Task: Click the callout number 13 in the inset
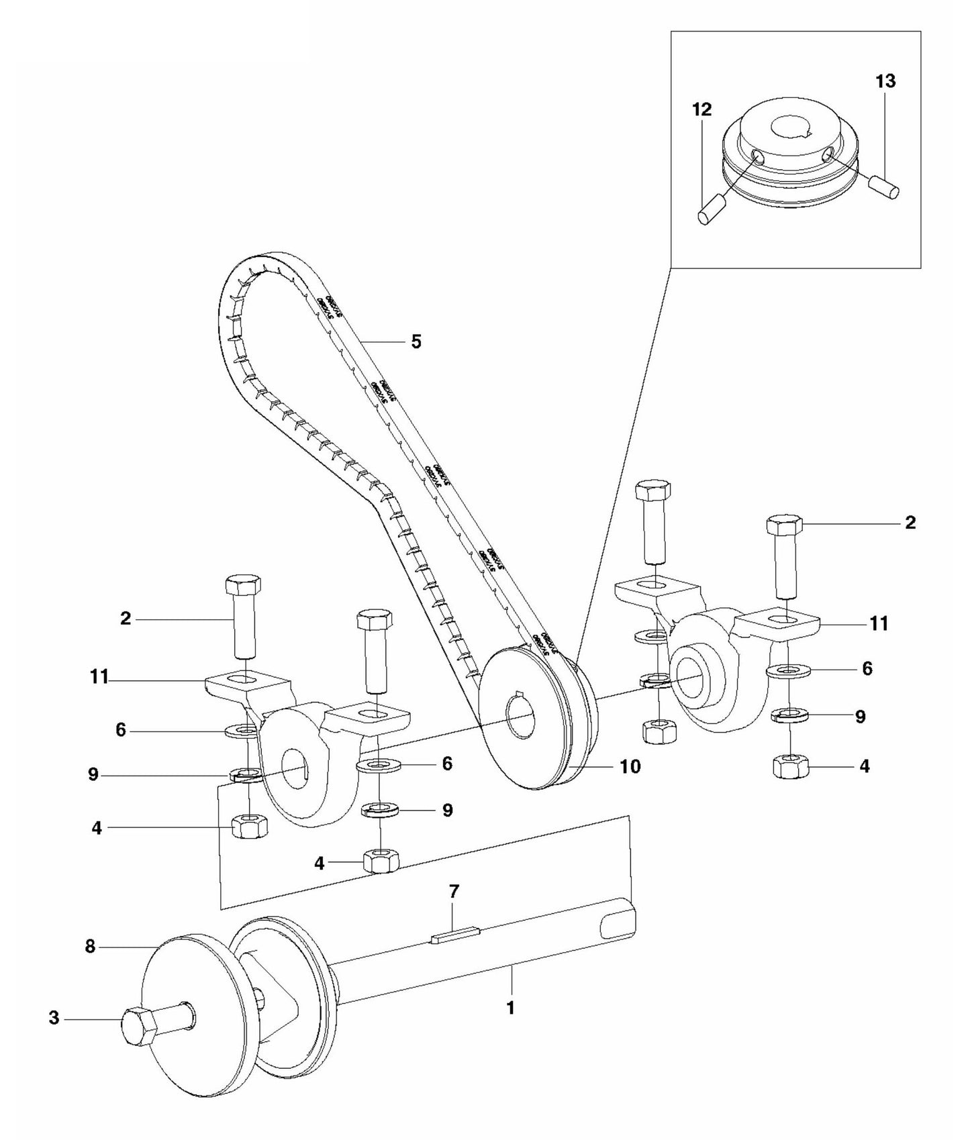[x=885, y=81]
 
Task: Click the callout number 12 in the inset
[x=701, y=109]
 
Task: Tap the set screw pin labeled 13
[x=884, y=185]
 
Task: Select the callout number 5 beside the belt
[x=416, y=342]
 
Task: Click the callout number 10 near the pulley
[x=630, y=766]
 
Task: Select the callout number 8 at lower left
[x=91, y=947]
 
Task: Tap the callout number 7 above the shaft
[x=454, y=892]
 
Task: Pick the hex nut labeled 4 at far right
[x=792, y=766]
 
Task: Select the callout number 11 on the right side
[x=879, y=623]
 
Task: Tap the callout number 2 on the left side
[x=126, y=619]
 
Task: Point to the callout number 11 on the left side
[x=99, y=678]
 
